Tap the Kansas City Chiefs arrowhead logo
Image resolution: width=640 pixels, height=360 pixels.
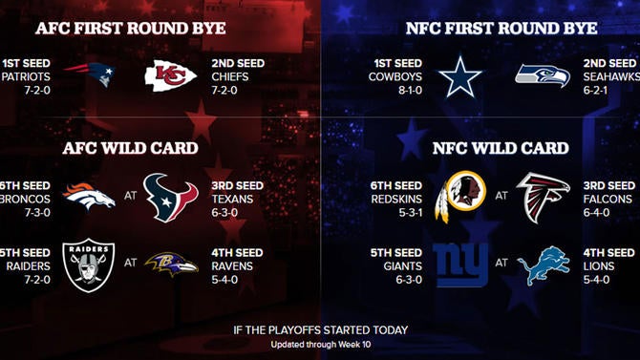point(171,75)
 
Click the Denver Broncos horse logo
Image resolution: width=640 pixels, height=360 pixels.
point(89,199)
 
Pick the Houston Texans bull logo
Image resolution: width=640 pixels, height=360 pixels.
point(170,198)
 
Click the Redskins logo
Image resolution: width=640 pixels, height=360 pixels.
point(457,199)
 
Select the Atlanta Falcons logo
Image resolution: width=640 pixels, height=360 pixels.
point(543,198)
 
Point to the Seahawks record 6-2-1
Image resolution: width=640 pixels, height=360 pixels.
point(609,90)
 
